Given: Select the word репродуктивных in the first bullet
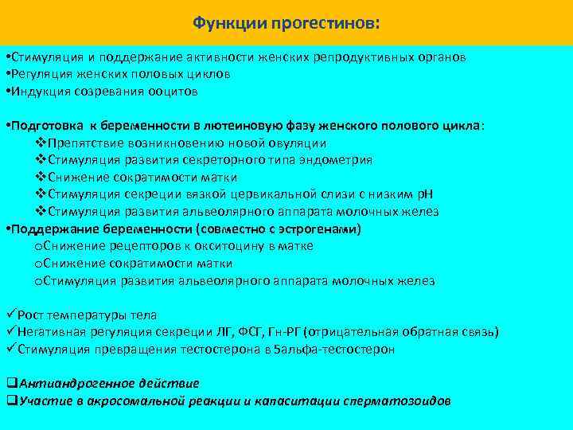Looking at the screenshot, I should pyautogui.click(x=365, y=57).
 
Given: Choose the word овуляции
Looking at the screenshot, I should pyautogui.click(x=296, y=143).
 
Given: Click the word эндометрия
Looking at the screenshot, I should pyautogui.click(x=338, y=160).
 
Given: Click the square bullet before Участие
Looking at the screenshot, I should pyautogui.click(x=11, y=401).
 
